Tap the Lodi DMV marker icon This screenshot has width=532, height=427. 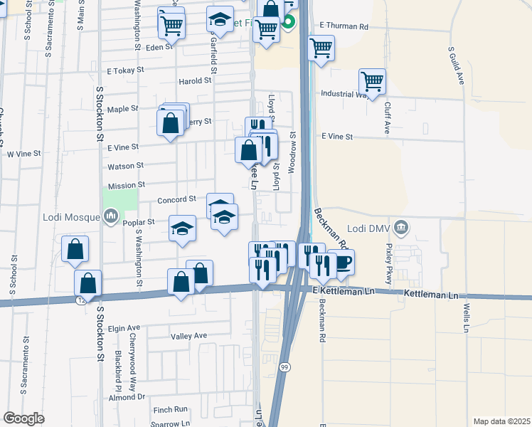point(401,228)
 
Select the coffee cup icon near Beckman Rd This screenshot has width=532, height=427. point(344,262)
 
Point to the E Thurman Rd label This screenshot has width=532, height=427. point(344,26)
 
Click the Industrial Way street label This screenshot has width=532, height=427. point(344,94)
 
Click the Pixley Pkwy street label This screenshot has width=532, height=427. point(389,262)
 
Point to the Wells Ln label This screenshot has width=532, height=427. point(467,317)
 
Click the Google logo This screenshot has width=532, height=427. point(24,418)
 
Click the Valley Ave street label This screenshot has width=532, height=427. point(188,336)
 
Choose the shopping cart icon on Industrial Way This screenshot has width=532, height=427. point(372,82)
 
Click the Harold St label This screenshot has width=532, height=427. point(195,81)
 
